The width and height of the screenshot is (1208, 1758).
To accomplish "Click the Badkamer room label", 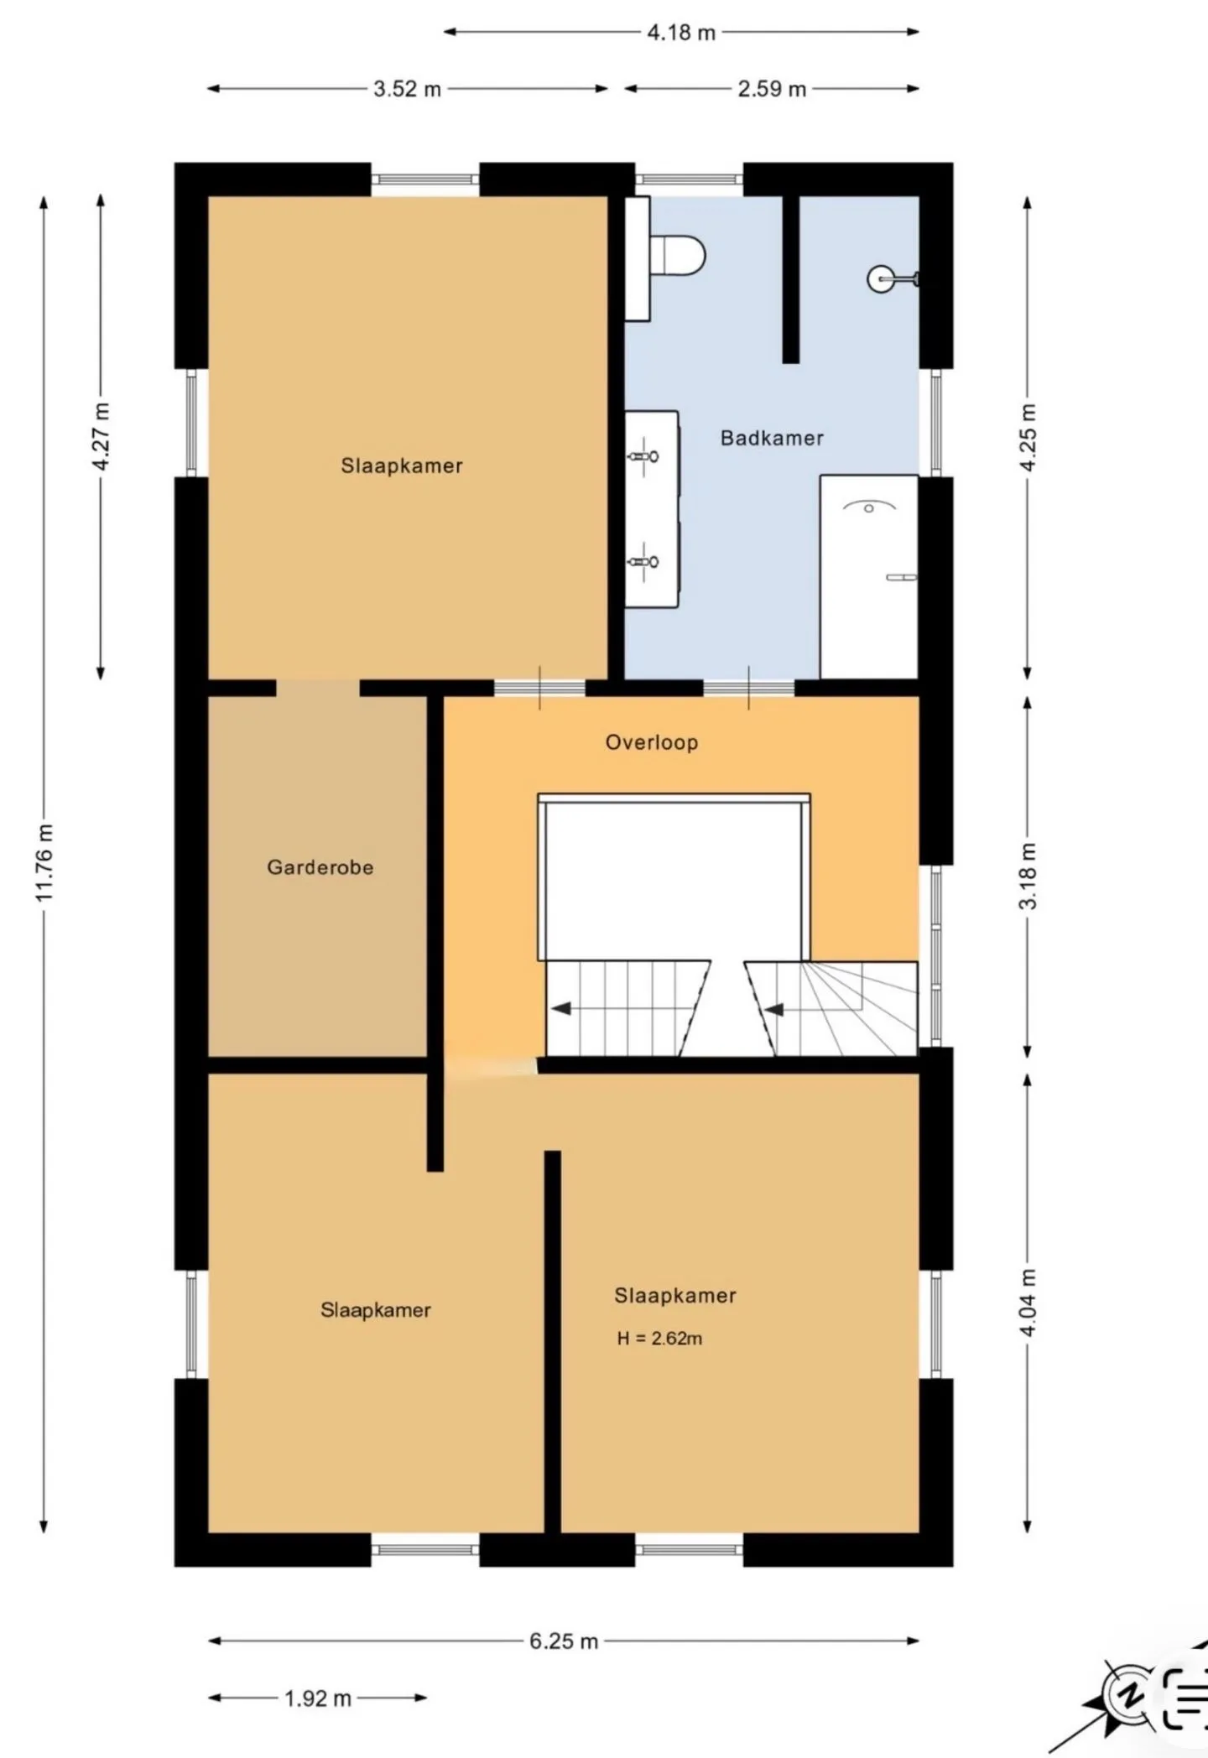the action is pyautogui.click(x=772, y=438).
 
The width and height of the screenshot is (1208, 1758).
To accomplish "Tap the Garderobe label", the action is pyautogui.click(x=320, y=867).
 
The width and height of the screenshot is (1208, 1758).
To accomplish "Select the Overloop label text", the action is pyautogui.click(x=652, y=742).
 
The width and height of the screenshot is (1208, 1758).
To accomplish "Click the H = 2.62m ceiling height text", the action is pyautogui.click(x=659, y=1339).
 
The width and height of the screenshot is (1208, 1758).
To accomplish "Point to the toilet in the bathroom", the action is pyautogui.click(x=678, y=254).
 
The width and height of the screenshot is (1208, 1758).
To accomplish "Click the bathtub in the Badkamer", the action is pyautogui.click(x=869, y=576).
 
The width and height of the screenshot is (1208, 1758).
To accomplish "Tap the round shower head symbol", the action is pyautogui.click(x=881, y=278).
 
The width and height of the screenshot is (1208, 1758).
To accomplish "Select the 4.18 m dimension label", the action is pyautogui.click(x=681, y=33).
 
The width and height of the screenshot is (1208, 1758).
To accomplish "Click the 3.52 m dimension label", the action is pyautogui.click(x=408, y=89).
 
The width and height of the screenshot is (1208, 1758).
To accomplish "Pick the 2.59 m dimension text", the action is pyautogui.click(x=772, y=89).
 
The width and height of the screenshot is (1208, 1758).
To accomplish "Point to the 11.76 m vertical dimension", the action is pyautogui.click(x=44, y=863).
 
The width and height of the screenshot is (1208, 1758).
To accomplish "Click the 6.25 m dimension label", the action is pyautogui.click(x=564, y=1641).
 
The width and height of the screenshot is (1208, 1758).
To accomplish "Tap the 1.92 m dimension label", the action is pyautogui.click(x=318, y=1698).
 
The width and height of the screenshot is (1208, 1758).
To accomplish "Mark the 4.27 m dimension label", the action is pyautogui.click(x=101, y=437).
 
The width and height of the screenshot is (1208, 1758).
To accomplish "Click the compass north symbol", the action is pyautogui.click(x=1129, y=1696).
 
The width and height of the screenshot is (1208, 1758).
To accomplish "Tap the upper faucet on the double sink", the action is pyautogui.click(x=643, y=456).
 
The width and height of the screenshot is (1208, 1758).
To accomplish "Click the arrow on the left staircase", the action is pyautogui.click(x=560, y=1008).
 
